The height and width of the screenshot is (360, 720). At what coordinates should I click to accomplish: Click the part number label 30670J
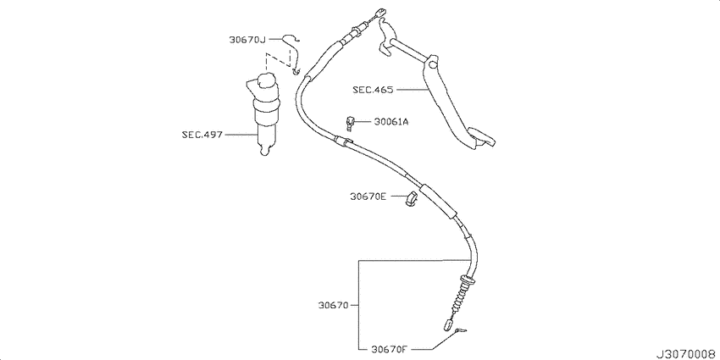(247, 40)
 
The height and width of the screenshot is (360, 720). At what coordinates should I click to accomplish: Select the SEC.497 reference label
(202, 135)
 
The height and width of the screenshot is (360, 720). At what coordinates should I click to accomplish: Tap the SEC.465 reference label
(373, 90)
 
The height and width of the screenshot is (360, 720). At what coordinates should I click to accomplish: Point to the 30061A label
(390, 122)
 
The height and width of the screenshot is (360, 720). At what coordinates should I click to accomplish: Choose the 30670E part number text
(368, 197)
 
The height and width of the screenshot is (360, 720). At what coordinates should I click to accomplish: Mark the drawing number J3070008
(688, 354)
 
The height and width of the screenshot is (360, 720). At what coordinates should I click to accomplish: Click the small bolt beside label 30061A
(350, 123)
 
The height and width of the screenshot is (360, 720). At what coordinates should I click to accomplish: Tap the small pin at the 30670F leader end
(459, 331)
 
